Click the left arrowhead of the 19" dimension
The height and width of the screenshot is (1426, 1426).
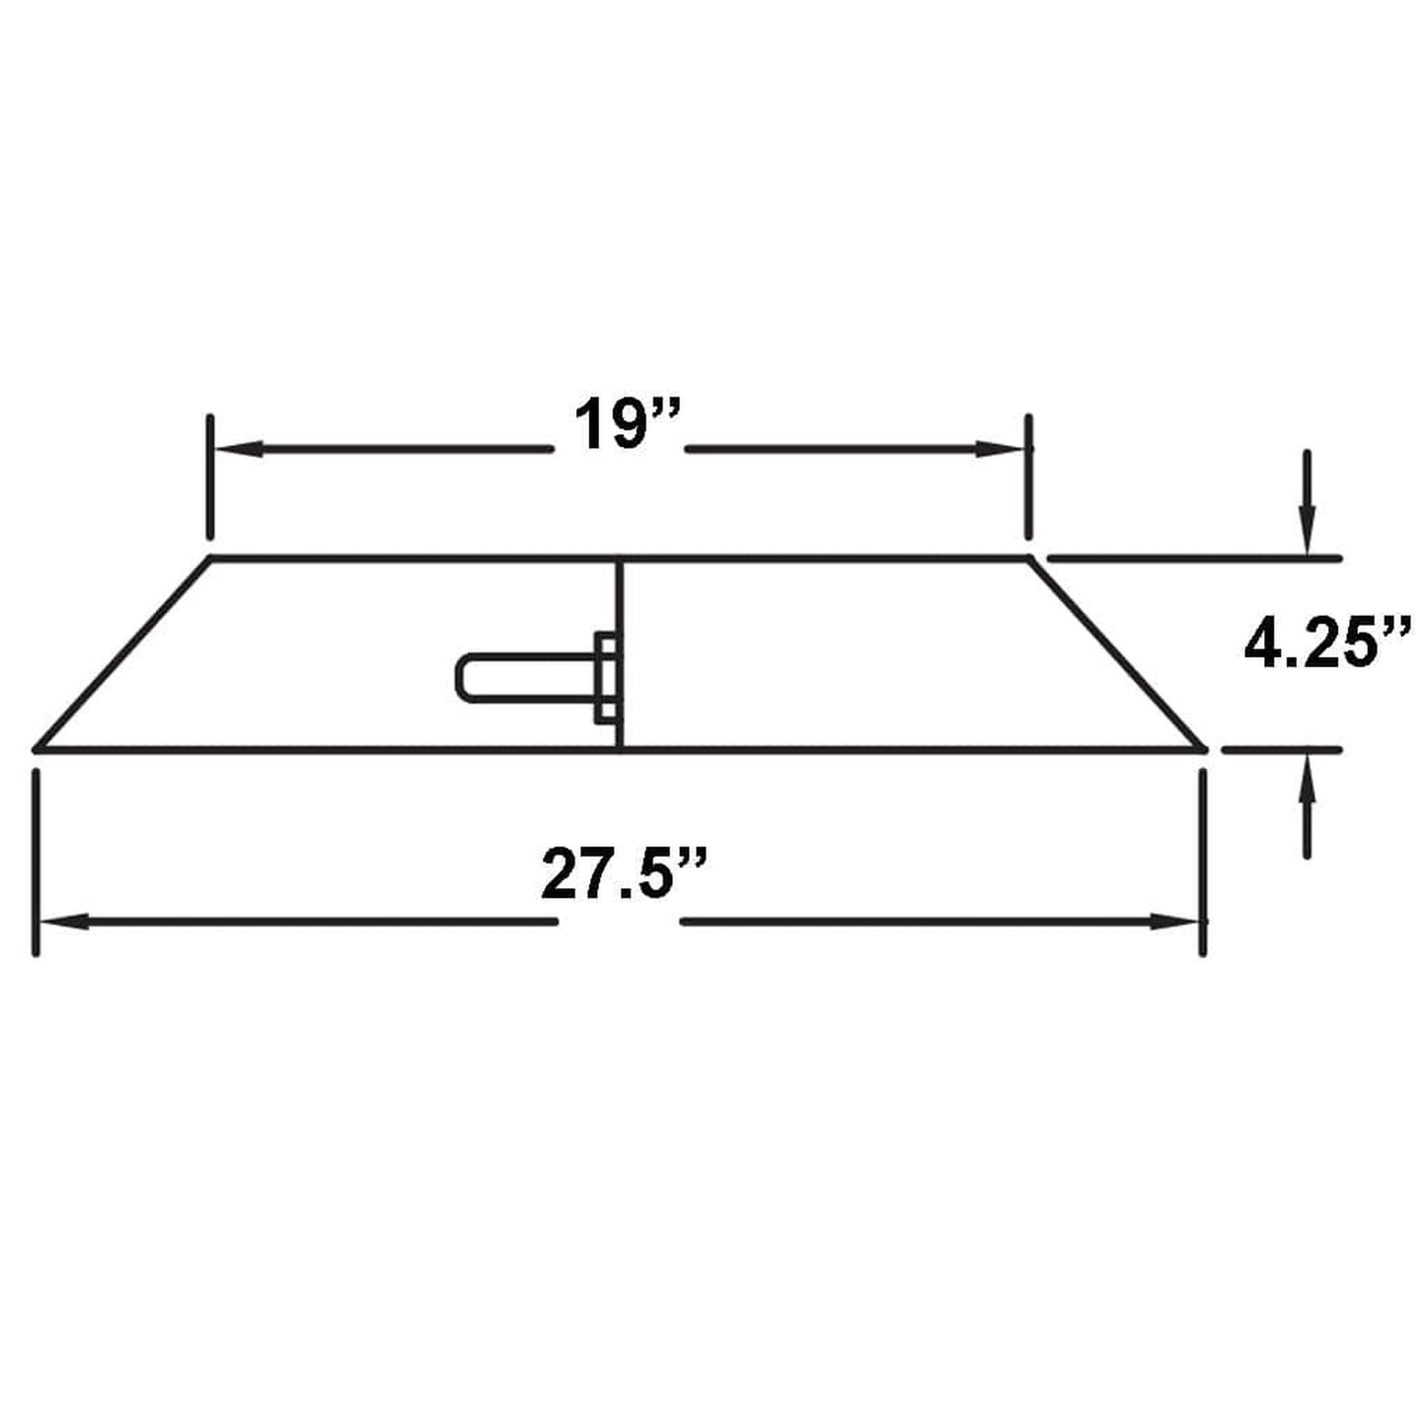coord(231,450)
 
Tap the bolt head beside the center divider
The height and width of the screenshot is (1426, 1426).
coord(607,678)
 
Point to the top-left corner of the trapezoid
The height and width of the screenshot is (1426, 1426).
coord(211,559)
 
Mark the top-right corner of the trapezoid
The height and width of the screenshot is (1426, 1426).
coord(1029,559)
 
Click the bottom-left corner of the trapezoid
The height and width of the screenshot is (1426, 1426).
coord(38,749)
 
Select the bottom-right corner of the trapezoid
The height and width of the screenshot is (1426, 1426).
coord(1204,749)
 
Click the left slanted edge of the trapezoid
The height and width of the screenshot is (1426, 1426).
coord(123,654)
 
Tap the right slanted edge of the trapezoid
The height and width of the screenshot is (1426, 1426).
coord(1117,654)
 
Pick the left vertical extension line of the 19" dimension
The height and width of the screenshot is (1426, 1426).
coord(210,478)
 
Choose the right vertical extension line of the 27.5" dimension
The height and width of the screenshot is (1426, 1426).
coord(1202,863)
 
